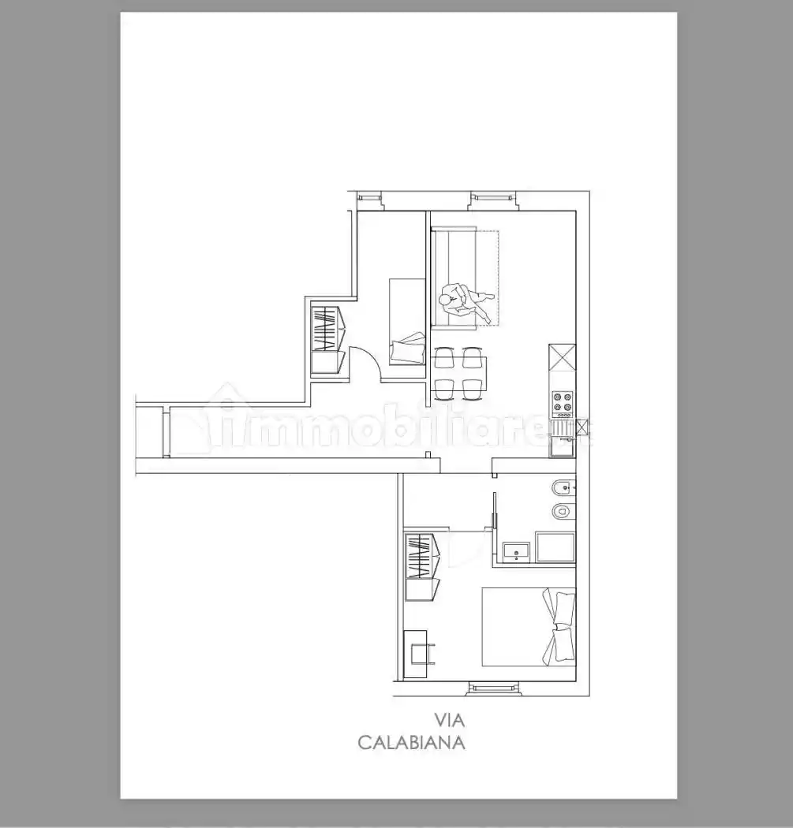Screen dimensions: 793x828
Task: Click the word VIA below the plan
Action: (449, 719)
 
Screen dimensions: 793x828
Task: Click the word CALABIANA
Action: (411, 743)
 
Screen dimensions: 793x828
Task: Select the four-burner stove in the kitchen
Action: (563, 401)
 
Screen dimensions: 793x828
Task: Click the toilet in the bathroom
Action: (563, 511)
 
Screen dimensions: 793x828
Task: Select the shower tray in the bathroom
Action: (555, 547)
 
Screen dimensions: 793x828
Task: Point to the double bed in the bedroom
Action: (529, 628)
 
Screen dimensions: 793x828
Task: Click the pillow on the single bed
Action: (408, 347)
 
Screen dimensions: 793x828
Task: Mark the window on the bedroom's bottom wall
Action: (492, 688)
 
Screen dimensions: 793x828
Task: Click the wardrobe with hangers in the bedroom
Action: (423, 567)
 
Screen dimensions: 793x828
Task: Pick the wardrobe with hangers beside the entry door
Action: (327, 340)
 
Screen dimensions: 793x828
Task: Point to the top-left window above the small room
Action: (370, 197)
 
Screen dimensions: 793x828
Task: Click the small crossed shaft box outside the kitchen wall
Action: (582, 426)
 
